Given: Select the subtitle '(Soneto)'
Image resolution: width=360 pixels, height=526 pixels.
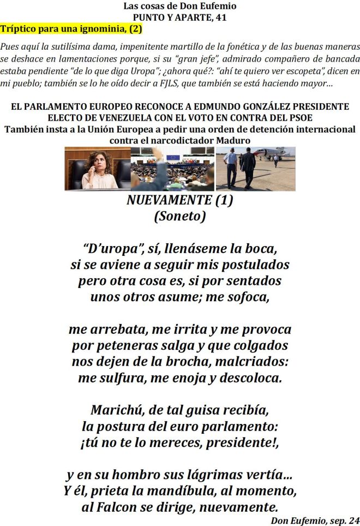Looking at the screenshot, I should point(180,216).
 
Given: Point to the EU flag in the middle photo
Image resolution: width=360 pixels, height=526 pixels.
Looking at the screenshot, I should point(173,158).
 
